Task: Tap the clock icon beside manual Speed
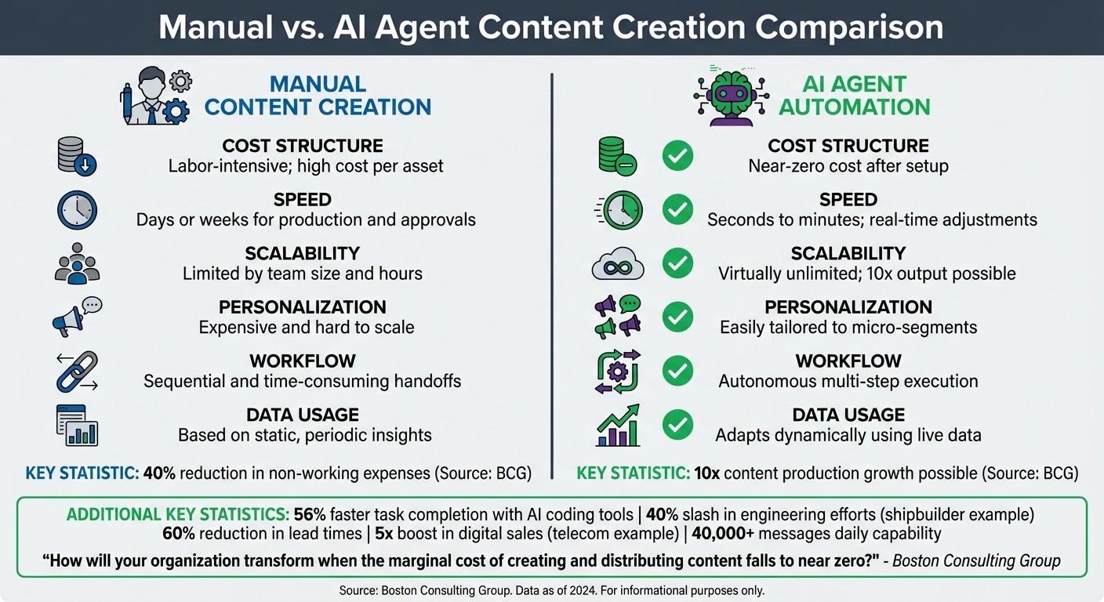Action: [77, 210]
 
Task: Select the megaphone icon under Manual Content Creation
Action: [76, 317]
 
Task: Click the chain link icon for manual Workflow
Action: [77, 372]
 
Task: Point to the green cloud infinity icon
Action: [617, 265]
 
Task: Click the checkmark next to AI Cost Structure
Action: [677, 156]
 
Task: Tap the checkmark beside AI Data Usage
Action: [677, 425]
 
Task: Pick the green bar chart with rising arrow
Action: [617, 426]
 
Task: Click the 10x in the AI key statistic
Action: [703, 473]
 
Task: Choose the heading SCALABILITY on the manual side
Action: [302, 253]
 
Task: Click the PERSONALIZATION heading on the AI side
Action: [848, 307]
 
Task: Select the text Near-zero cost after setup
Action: [848, 166]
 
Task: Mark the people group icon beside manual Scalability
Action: [77, 263]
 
